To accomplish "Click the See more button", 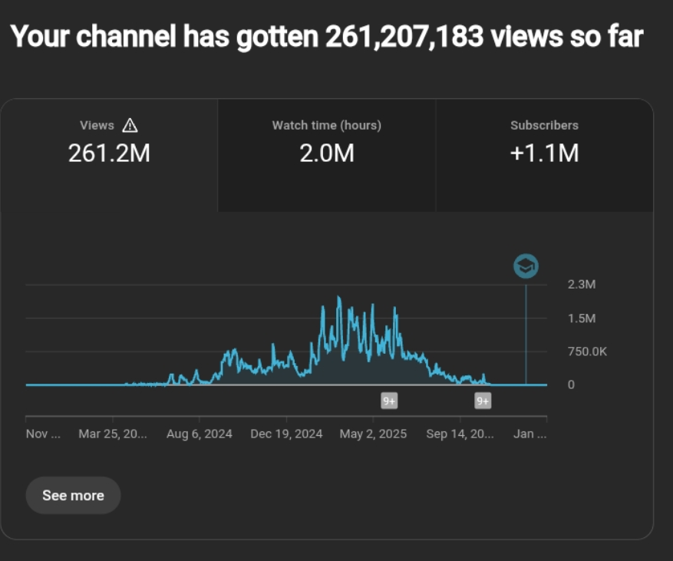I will tap(73, 495).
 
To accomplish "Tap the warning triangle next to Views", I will tap(130, 125).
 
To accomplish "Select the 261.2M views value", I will tap(109, 153).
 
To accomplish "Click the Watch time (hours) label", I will tap(326, 125).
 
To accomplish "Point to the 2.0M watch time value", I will tap(326, 153).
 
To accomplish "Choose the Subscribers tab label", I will tap(544, 125).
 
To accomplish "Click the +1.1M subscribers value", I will tap(544, 153).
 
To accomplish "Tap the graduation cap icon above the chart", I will tap(526, 266).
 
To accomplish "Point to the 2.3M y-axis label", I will tap(581, 285).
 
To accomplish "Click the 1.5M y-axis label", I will tap(581, 318).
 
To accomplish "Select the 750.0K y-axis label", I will tap(587, 351).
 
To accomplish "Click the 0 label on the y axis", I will tap(571, 384).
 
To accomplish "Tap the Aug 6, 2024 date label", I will tap(200, 434).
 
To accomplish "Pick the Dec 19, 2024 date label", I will tap(286, 434).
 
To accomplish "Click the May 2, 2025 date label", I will tap(373, 434).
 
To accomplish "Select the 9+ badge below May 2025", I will tap(389, 401).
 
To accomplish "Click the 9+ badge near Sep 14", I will tap(483, 401).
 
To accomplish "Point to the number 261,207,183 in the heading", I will tap(404, 36).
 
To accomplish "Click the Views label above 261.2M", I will tap(97, 125).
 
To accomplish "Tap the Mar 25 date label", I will tap(112, 434).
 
